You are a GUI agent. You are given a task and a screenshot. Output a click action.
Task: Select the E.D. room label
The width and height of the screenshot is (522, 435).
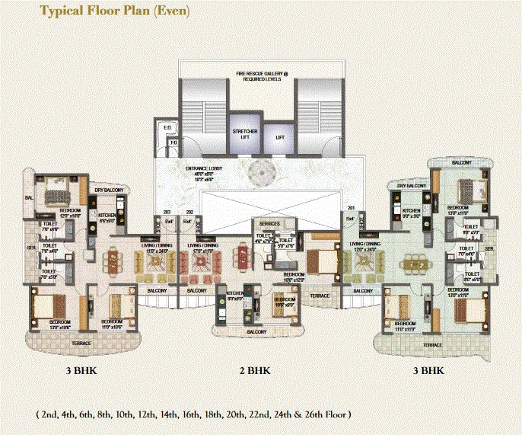[167, 126]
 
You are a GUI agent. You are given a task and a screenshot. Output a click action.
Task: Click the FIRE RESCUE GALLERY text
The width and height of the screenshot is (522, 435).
[262, 75]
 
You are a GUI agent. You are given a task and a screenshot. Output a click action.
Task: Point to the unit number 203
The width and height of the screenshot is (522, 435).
[167, 213]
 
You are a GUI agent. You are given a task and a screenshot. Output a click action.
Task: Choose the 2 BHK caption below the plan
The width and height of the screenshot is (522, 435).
[254, 371]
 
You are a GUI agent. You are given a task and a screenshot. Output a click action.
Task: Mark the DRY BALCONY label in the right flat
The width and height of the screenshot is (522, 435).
[410, 185]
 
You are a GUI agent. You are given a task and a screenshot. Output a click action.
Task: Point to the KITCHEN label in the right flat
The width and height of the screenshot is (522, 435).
[412, 211]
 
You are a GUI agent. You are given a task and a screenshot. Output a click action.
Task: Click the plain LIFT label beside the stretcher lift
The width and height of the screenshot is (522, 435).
[280, 138]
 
